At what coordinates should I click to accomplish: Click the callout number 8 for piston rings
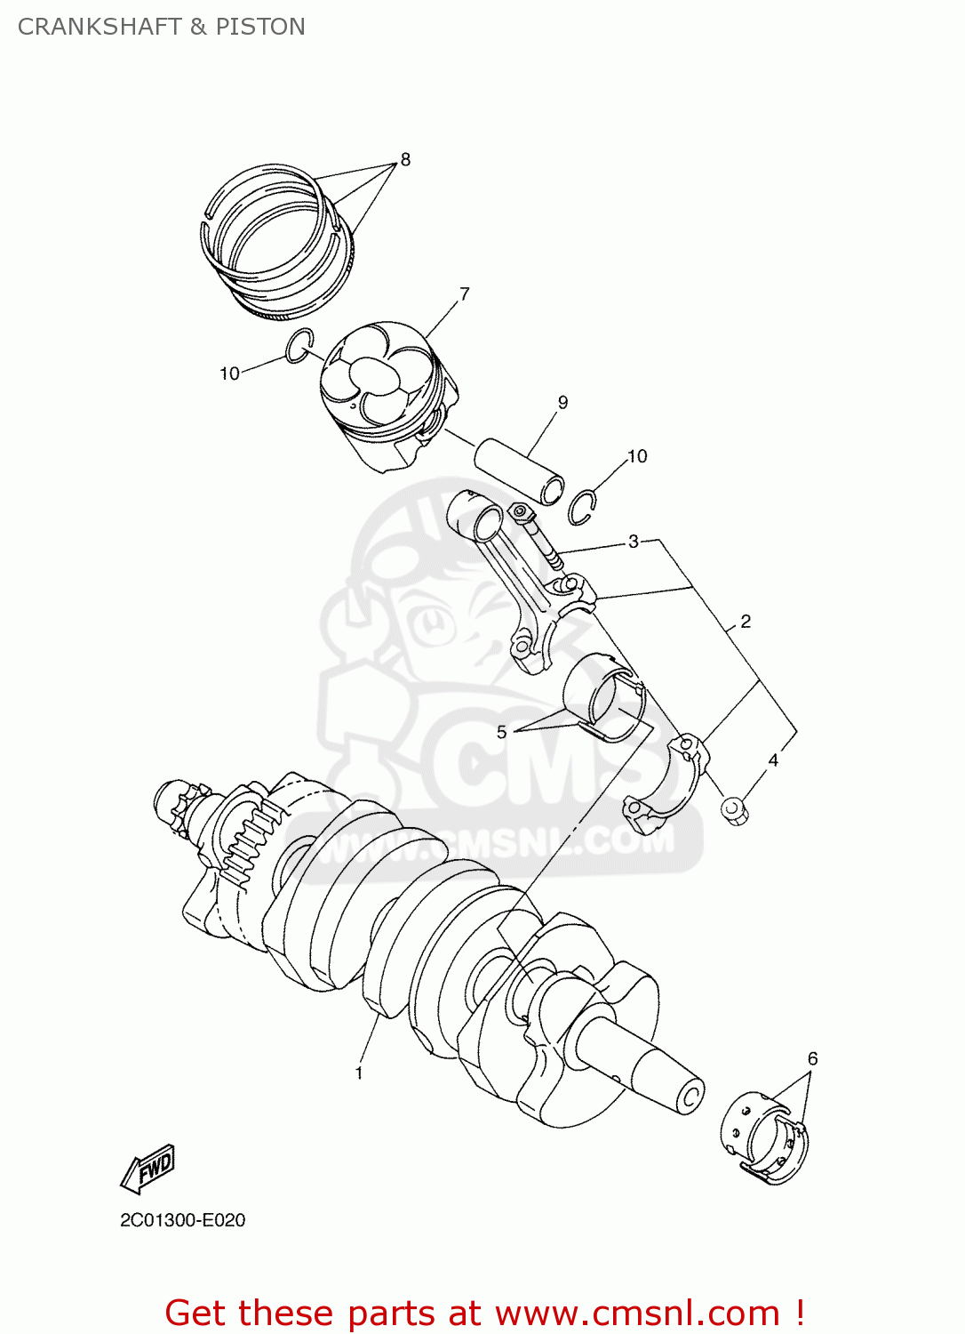click(x=405, y=160)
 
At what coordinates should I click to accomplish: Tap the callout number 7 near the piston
click(x=464, y=293)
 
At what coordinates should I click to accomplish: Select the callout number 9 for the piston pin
click(x=562, y=403)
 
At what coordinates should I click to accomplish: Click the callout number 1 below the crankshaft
click(x=359, y=1073)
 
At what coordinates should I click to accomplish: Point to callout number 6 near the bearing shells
click(x=812, y=1058)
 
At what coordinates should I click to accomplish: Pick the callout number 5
click(x=502, y=732)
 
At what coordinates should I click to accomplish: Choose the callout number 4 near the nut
click(x=773, y=760)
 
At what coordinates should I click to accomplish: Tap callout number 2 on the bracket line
click(x=745, y=622)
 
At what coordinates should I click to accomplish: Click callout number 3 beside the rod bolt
click(x=633, y=541)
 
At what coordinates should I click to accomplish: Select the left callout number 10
click(x=229, y=374)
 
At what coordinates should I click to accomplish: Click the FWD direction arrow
click(x=148, y=1168)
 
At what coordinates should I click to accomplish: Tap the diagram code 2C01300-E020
click(x=183, y=1220)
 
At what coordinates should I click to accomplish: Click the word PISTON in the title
click(x=260, y=27)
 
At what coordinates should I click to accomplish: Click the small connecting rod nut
click(x=733, y=810)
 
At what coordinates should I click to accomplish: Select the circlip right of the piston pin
click(x=583, y=507)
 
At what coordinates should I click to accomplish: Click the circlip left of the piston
click(x=299, y=346)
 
